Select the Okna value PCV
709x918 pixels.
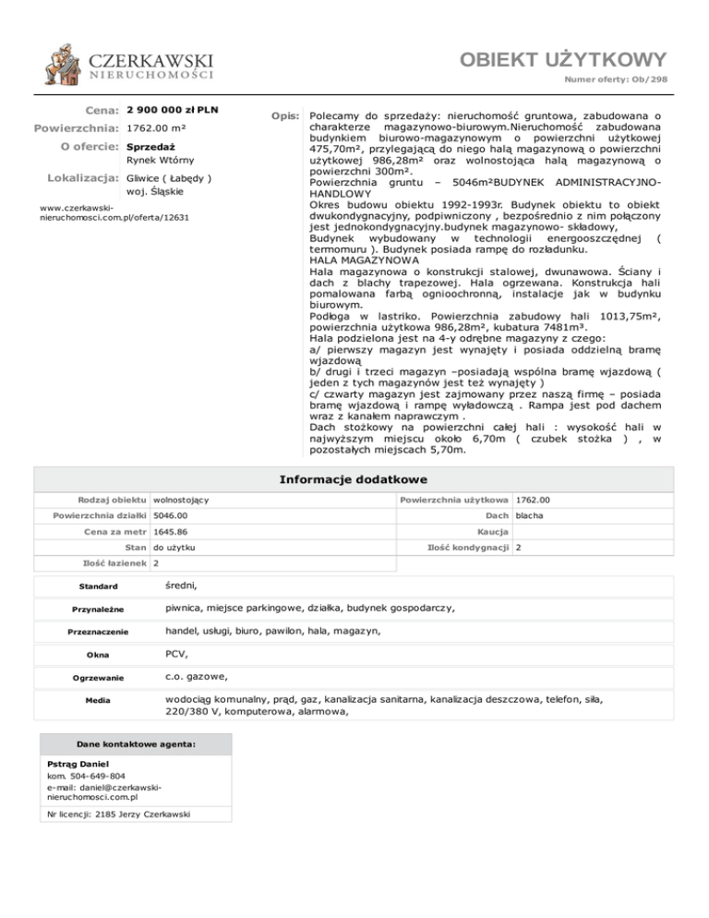175,654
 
